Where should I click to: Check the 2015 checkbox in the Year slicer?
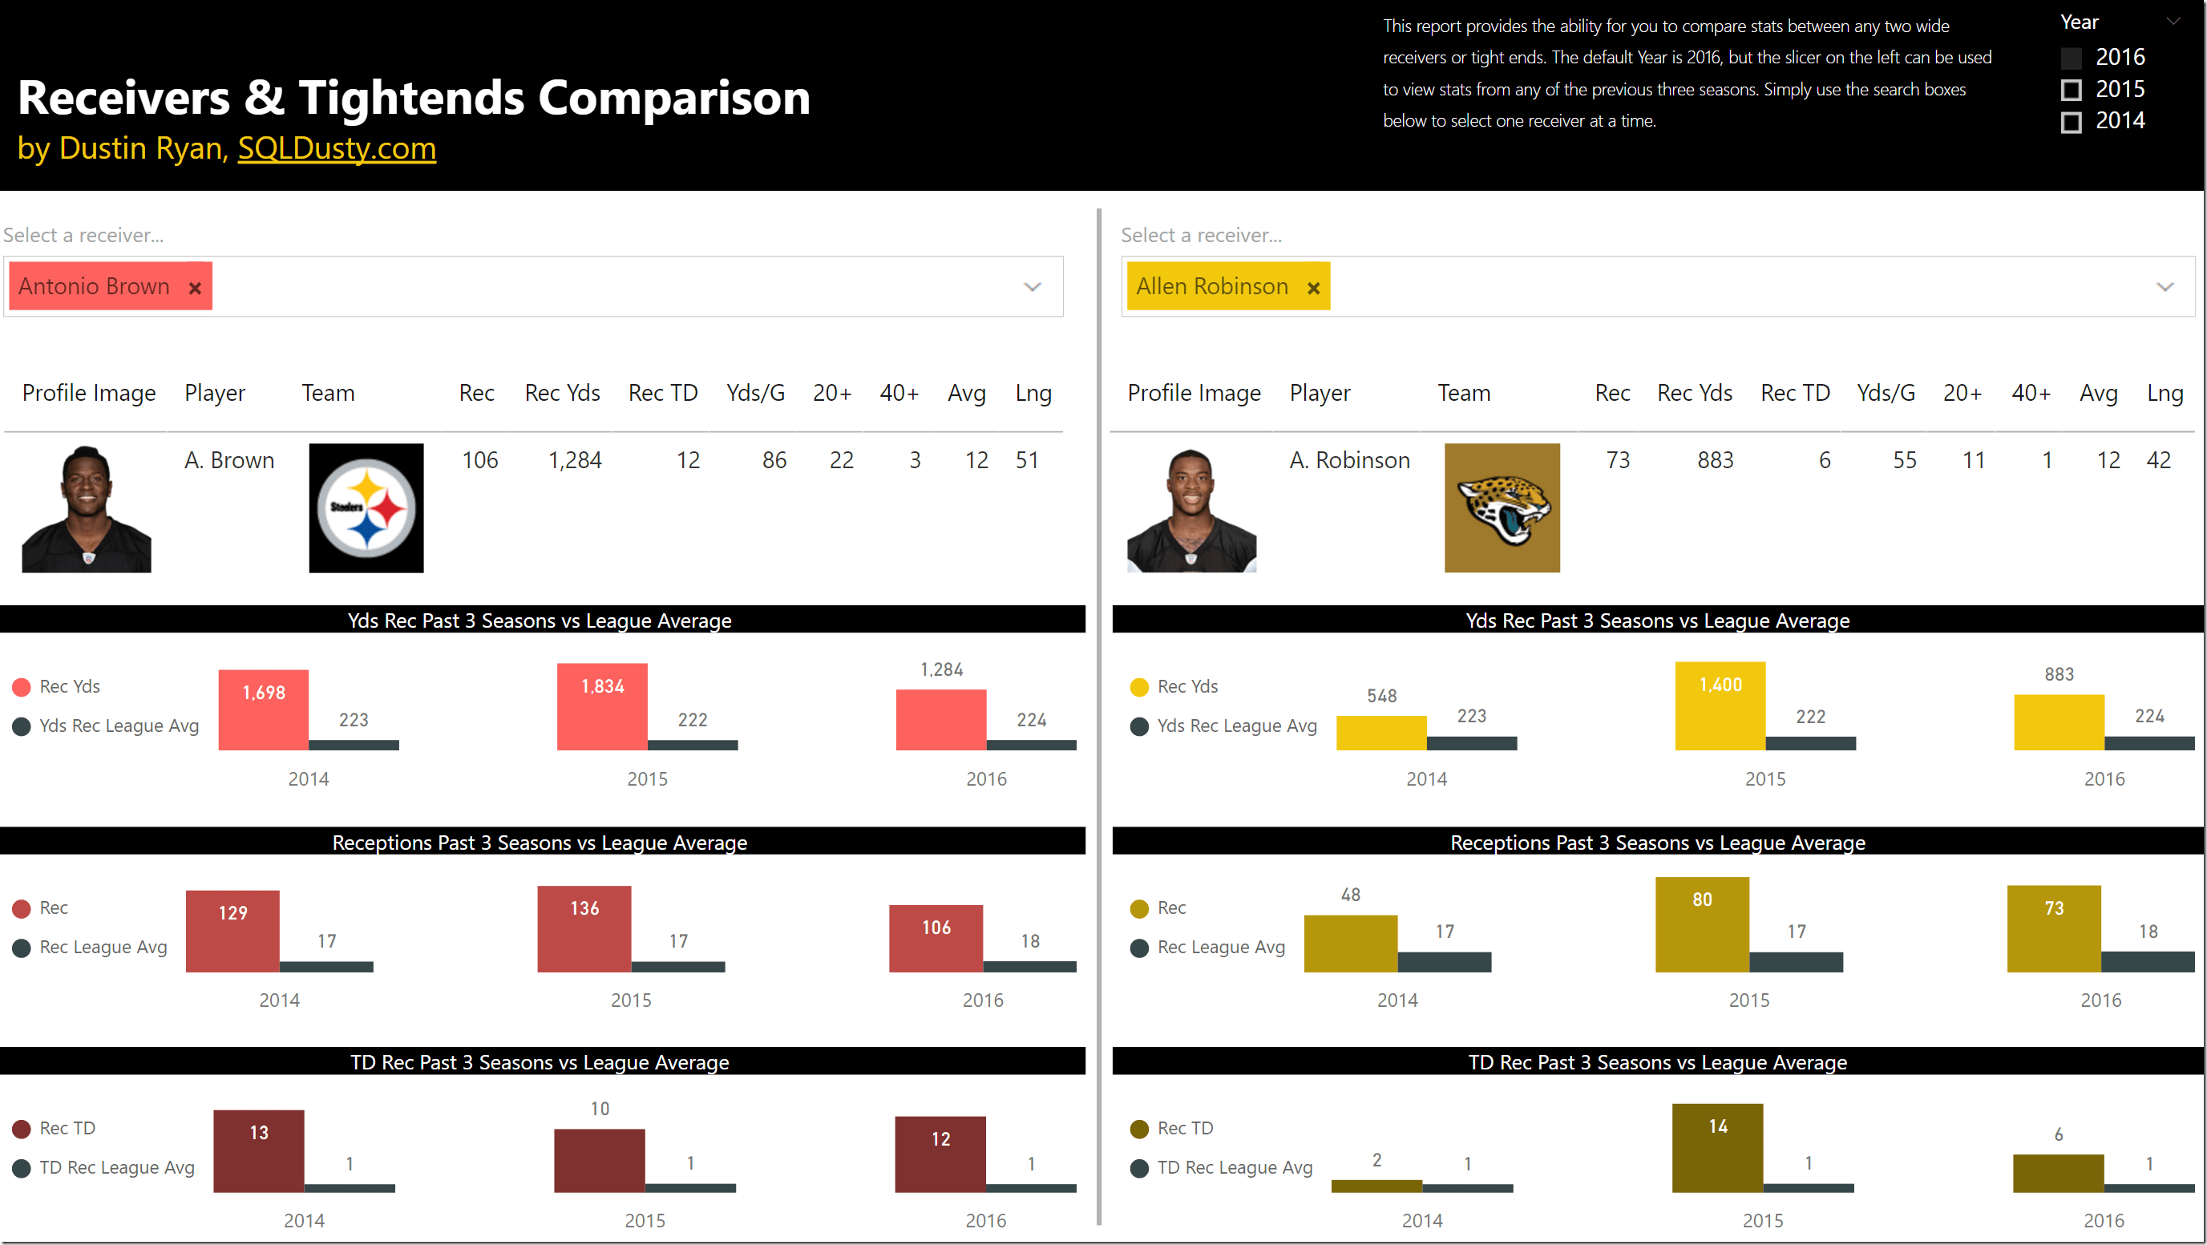pos(2071,90)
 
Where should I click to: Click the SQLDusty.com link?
pos(337,148)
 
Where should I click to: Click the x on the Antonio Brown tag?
pos(195,288)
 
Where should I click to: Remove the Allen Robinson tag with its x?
pos(1312,288)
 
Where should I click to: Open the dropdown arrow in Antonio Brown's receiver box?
pos(1033,287)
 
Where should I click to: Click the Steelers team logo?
pos(366,507)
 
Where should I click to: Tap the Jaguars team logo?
pos(1501,507)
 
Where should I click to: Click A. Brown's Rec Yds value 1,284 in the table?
pos(575,460)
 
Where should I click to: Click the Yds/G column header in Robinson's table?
pos(1885,394)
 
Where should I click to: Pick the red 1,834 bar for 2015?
pos(601,708)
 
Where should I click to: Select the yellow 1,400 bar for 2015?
pos(1720,707)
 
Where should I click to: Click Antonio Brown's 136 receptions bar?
pos(584,930)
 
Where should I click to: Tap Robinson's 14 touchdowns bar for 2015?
pos(1717,1148)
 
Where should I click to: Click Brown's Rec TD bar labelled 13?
pos(258,1151)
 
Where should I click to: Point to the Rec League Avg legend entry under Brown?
pos(103,948)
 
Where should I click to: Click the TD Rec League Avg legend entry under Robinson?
pos(1234,1168)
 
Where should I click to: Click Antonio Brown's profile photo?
pos(86,508)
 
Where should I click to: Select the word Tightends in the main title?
pos(410,98)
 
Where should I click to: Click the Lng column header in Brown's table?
pos(1033,394)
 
